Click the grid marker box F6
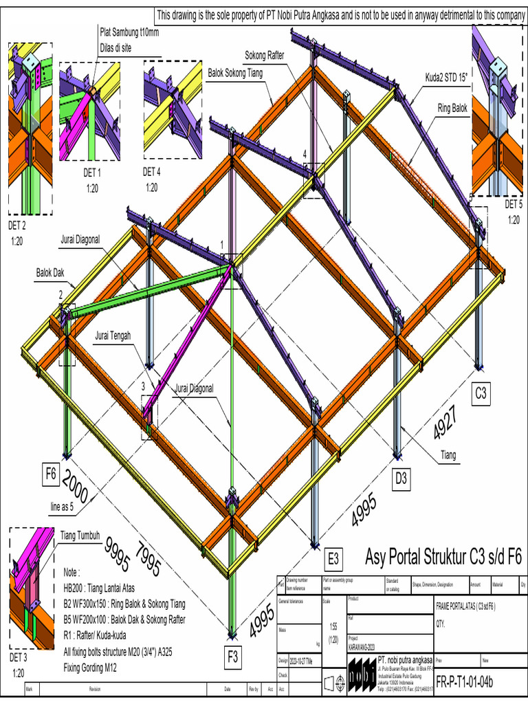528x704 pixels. [x=51, y=474]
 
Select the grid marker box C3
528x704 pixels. [x=481, y=394]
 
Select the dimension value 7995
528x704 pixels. [x=148, y=560]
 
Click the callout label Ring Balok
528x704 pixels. [x=452, y=108]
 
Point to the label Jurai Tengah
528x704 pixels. [x=113, y=336]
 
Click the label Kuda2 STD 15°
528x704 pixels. [x=444, y=77]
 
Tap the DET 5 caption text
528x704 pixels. [x=514, y=204]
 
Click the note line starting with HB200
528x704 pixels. [x=113, y=589]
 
